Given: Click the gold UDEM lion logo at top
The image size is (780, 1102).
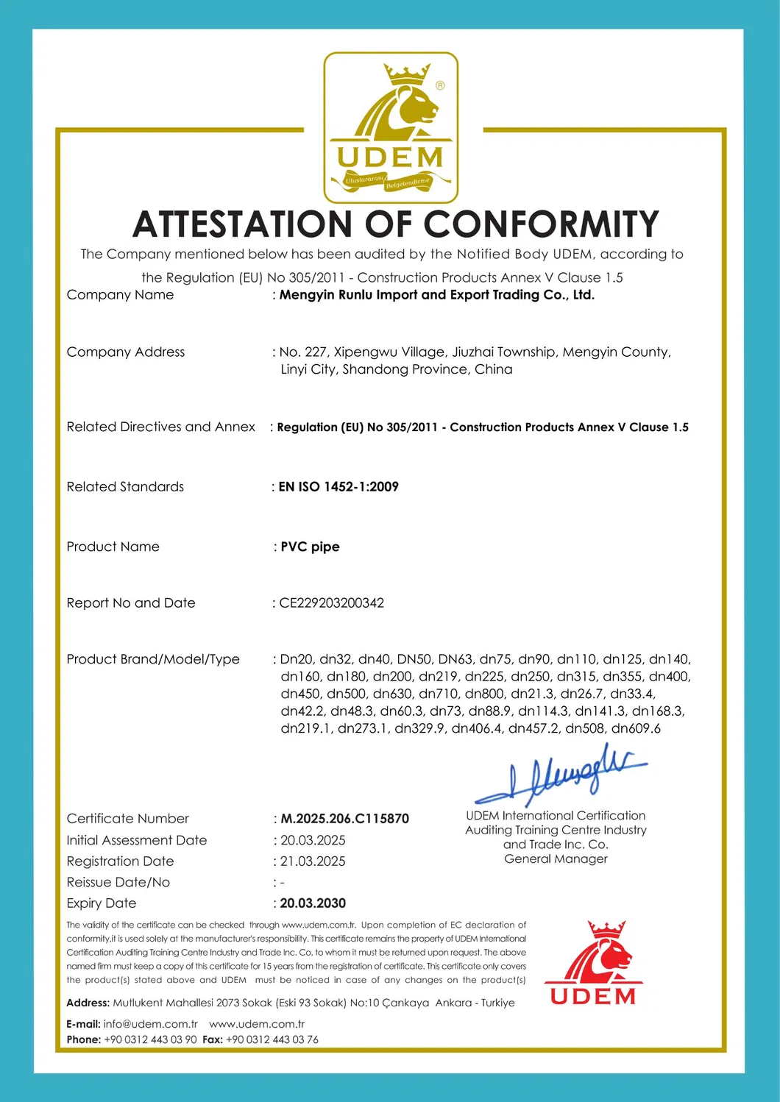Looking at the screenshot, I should [391, 127].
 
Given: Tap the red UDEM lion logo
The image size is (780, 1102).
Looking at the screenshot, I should [593, 963].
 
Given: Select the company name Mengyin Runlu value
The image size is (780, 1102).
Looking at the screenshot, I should [437, 295].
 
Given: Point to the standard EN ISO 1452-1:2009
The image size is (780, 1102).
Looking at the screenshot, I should [338, 487].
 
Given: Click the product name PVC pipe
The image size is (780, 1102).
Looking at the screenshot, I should [310, 547].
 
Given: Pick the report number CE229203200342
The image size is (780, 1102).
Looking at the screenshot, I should [331, 603].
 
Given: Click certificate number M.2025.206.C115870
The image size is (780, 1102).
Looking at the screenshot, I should [344, 819].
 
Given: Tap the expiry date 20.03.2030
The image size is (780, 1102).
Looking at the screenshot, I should [313, 903].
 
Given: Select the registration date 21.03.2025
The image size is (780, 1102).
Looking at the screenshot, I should [313, 861].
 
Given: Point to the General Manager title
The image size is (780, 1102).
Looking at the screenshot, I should [556, 859].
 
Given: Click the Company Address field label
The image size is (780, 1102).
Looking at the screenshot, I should [126, 352].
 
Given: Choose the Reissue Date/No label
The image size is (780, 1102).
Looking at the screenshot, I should [118, 882].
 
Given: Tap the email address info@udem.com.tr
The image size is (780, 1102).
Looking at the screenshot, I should [151, 1024].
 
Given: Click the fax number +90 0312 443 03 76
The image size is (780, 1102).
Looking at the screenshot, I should [272, 1039].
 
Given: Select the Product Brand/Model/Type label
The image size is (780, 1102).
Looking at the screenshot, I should [153, 659].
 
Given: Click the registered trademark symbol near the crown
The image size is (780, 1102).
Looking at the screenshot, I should [440, 85].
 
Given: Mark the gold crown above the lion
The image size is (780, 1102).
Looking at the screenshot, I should [407, 74].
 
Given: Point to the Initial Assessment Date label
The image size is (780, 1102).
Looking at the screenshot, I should [137, 840].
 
